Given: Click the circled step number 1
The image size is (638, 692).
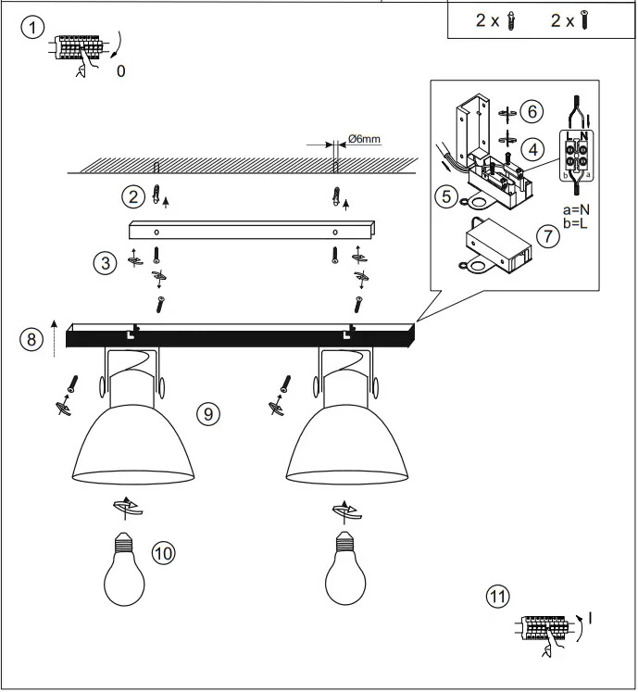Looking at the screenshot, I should point(32,29).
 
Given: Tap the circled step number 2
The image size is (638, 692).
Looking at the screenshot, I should point(135,196).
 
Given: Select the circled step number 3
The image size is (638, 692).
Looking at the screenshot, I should point(108,263).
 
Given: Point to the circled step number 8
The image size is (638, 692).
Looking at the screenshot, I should point(32,339).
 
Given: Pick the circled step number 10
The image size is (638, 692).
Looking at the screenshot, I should point(164,553).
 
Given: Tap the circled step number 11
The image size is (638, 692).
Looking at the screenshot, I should point(498,597).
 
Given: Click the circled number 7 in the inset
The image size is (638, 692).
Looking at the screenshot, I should point(548,236).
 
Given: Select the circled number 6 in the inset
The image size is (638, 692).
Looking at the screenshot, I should point(530,111).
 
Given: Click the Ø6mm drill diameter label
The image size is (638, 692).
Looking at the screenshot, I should point(363,140).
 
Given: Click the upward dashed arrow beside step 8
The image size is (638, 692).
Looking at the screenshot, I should point(55,337).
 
